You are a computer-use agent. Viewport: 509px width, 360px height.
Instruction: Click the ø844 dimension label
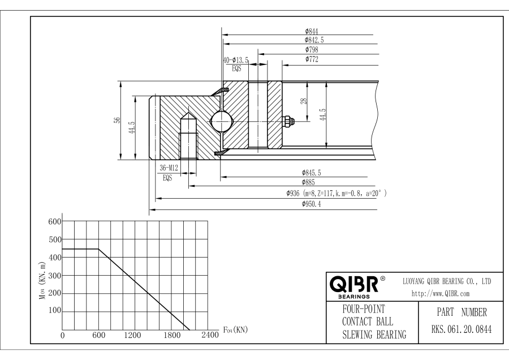[312, 32]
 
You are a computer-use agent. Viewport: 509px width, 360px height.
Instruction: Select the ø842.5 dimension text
[314, 40]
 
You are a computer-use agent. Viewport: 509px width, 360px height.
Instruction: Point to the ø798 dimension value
[312, 50]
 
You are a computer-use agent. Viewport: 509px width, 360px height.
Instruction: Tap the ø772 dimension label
[312, 59]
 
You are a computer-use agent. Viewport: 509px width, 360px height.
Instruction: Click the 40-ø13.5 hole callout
[236, 59]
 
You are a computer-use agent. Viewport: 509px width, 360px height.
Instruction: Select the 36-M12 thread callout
[169, 168]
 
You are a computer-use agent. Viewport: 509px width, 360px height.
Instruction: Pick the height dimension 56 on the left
[116, 120]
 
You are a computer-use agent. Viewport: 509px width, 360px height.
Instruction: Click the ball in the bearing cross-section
[219, 120]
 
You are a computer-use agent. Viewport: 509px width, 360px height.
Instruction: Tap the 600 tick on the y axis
[54, 221]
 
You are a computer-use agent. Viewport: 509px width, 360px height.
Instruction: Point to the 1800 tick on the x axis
[172, 335]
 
